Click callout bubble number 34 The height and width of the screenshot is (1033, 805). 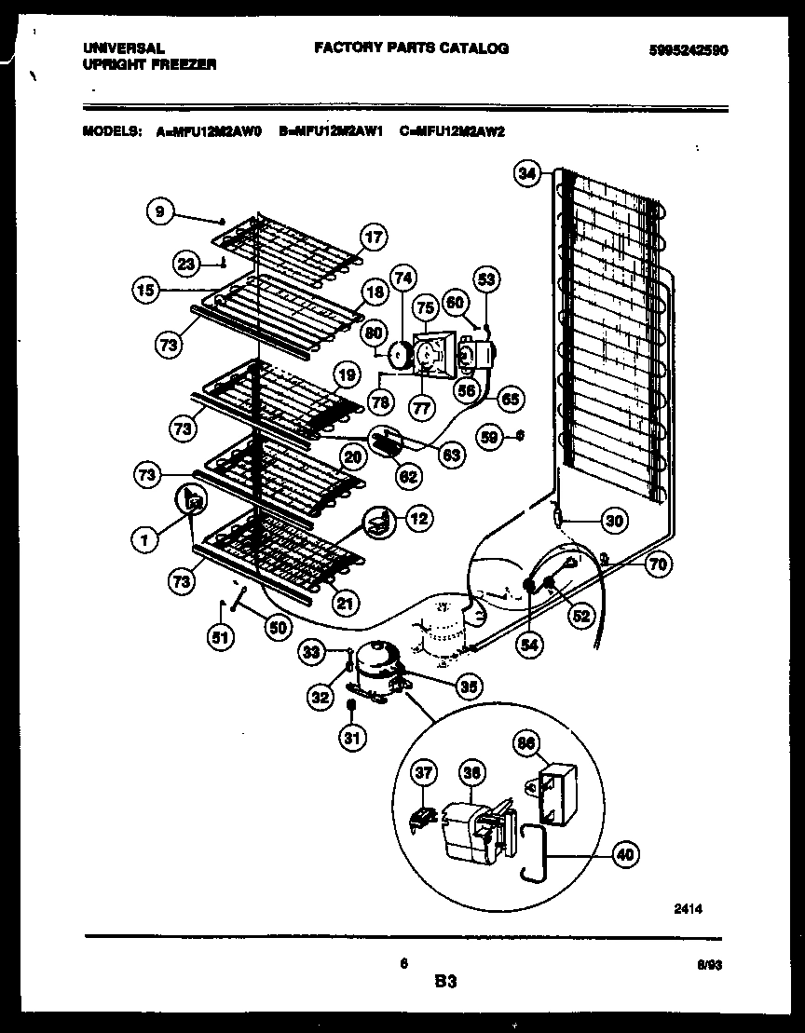pyautogui.click(x=526, y=172)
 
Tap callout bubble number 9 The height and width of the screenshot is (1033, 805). pyautogui.click(x=159, y=212)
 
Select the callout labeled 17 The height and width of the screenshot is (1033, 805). pyautogui.click(x=373, y=238)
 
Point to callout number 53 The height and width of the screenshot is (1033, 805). pyautogui.click(x=485, y=278)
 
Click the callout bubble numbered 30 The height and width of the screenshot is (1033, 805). pyautogui.click(x=613, y=522)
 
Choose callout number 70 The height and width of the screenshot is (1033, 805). pyautogui.click(x=658, y=564)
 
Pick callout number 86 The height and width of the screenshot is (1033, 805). pyautogui.click(x=526, y=742)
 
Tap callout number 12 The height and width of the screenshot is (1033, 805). pyautogui.click(x=418, y=519)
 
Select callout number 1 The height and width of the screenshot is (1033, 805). pyautogui.click(x=144, y=538)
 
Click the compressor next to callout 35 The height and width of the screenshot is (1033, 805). pyautogui.click(x=377, y=667)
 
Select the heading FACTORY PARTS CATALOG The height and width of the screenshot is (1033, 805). pyautogui.click(x=411, y=48)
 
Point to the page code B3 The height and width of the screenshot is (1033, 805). pyautogui.click(x=445, y=981)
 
